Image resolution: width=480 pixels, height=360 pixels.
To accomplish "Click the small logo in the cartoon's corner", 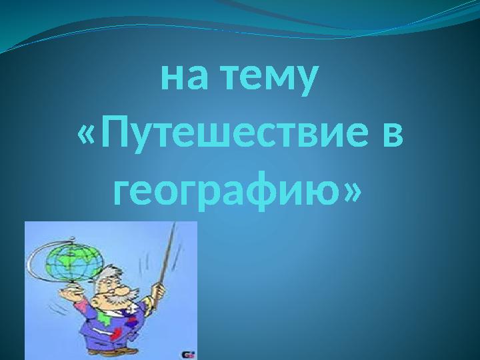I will pyautogui.click(x=188, y=354).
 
